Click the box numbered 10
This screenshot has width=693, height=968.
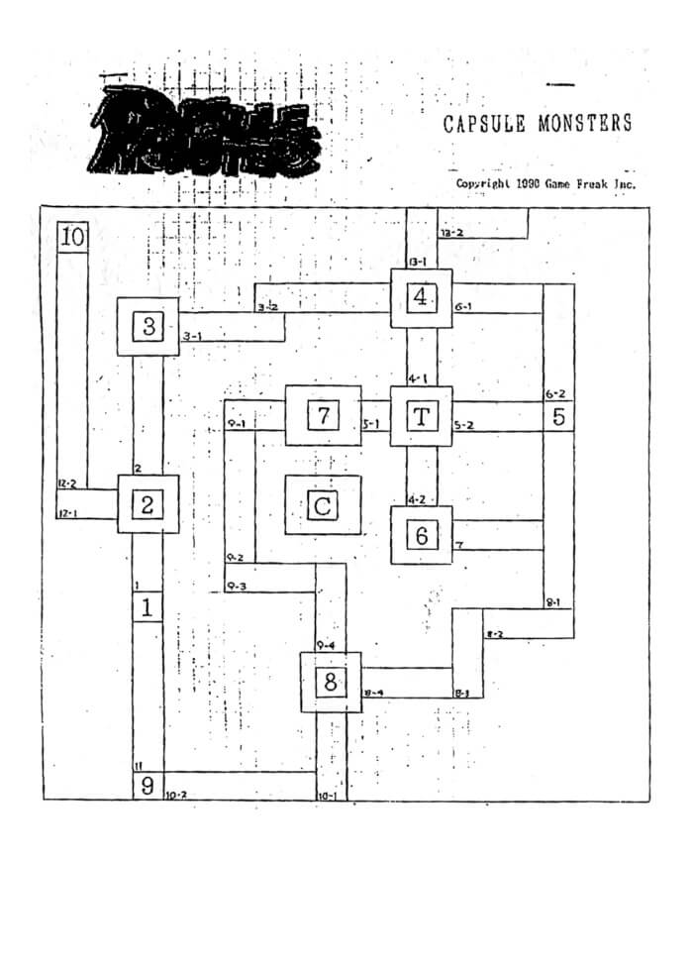[x=73, y=237]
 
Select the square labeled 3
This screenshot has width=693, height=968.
[x=148, y=326]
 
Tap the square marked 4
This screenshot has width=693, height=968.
[x=421, y=297]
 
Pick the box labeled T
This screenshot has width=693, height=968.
[x=421, y=416]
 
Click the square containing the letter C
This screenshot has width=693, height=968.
[x=322, y=505]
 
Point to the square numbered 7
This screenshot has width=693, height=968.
[x=322, y=415]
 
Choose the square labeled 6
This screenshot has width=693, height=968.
[x=421, y=535]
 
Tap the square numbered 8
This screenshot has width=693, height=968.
[x=331, y=682]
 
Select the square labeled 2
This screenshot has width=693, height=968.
[x=148, y=504]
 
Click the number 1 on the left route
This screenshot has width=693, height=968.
[x=148, y=606]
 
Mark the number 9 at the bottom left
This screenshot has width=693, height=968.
[x=148, y=788]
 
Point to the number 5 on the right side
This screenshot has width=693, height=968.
[x=558, y=416]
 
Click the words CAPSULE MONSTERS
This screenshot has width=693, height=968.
[x=538, y=124]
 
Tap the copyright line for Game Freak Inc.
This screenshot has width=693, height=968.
[x=544, y=183]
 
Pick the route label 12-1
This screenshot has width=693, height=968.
[x=67, y=513]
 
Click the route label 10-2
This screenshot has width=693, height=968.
[x=176, y=795]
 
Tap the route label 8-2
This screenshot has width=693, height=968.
[x=495, y=633]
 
